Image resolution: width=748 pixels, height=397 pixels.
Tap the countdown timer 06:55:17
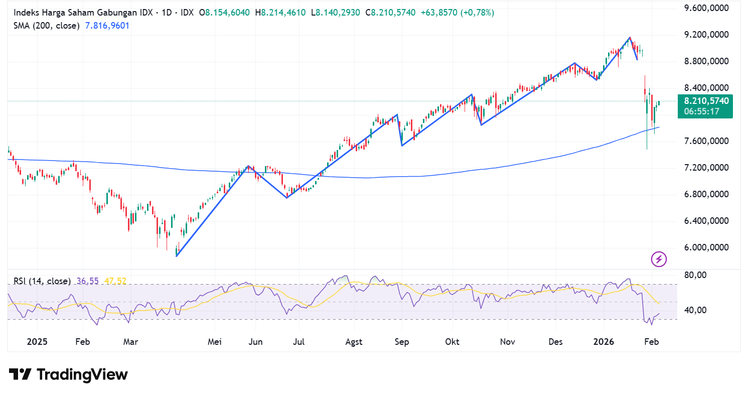[705, 111]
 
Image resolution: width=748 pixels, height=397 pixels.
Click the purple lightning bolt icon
[659, 259]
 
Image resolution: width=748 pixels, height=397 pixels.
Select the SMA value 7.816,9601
[107, 25]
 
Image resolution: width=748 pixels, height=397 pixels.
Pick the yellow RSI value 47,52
[115, 281]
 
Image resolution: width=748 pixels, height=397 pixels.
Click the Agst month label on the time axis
[354, 342]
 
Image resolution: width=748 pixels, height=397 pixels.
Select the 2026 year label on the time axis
[604, 342]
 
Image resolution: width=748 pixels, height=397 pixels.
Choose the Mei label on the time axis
[215, 342]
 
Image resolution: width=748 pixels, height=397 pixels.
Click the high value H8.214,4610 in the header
[281, 13]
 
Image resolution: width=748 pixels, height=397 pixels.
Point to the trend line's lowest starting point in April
[177, 256]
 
